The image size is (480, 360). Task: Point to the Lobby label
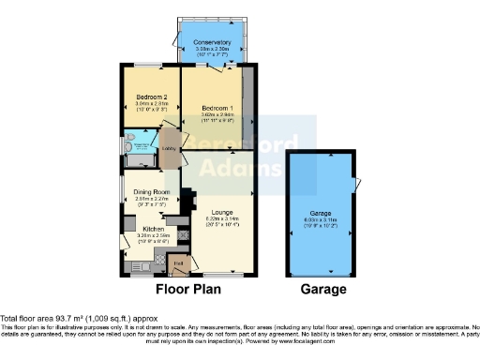pyautogui.click(x=171, y=149)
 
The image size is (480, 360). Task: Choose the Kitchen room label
pyautogui.click(x=153, y=228)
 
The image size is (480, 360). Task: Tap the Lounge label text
pyautogui.click(x=221, y=210)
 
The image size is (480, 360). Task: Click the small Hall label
pyautogui.click(x=178, y=263)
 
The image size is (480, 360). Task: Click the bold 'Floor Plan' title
pyautogui.click(x=187, y=290)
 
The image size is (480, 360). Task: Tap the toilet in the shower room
pyautogui.click(x=131, y=145)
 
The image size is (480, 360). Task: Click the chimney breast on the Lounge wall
pyautogui.click(x=187, y=200)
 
